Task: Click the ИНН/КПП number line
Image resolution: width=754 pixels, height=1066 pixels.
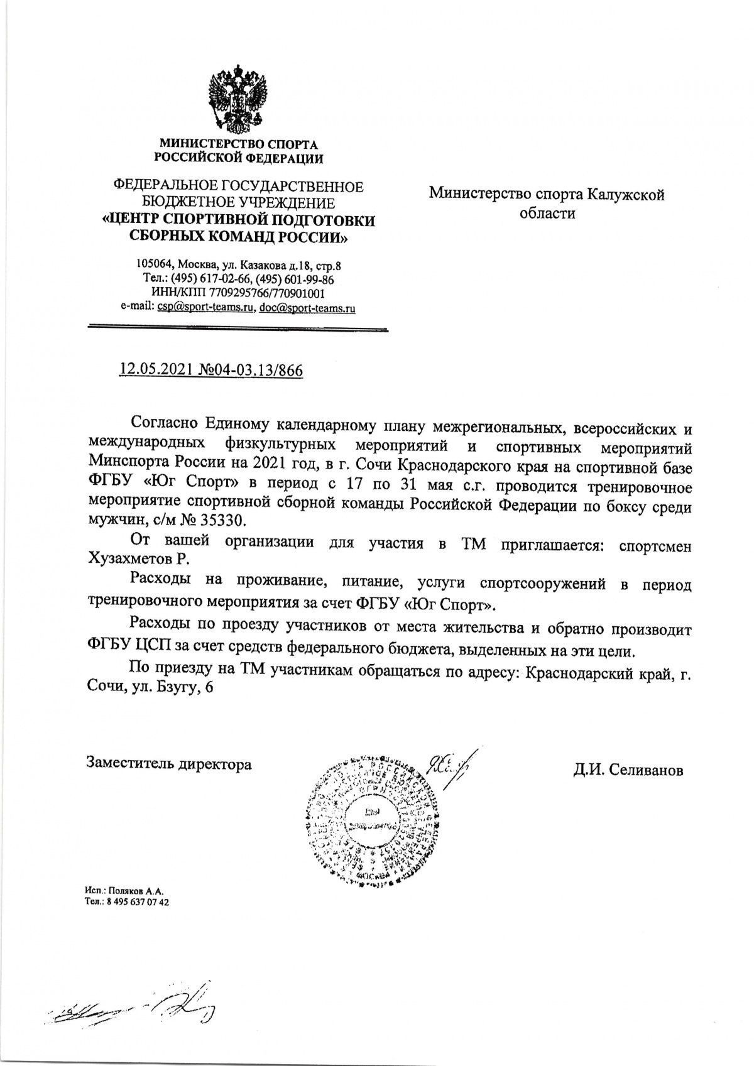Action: [238, 294]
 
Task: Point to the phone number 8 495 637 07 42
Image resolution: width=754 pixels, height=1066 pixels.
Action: [136, 901]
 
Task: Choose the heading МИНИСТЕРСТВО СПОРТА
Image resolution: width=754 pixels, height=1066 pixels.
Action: [238, 144]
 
